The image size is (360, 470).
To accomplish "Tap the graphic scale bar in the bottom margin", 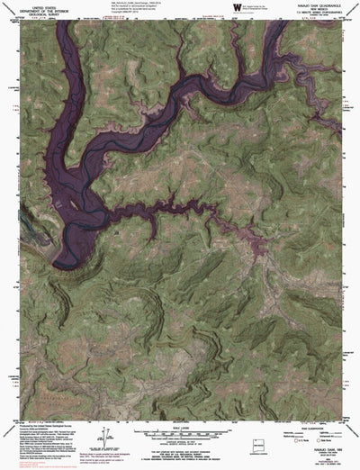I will click(x=180, y=420).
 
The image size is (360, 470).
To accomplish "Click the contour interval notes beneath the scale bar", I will click(x=180, y=436).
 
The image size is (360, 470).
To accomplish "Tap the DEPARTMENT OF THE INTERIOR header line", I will click(x=40, y=11).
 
